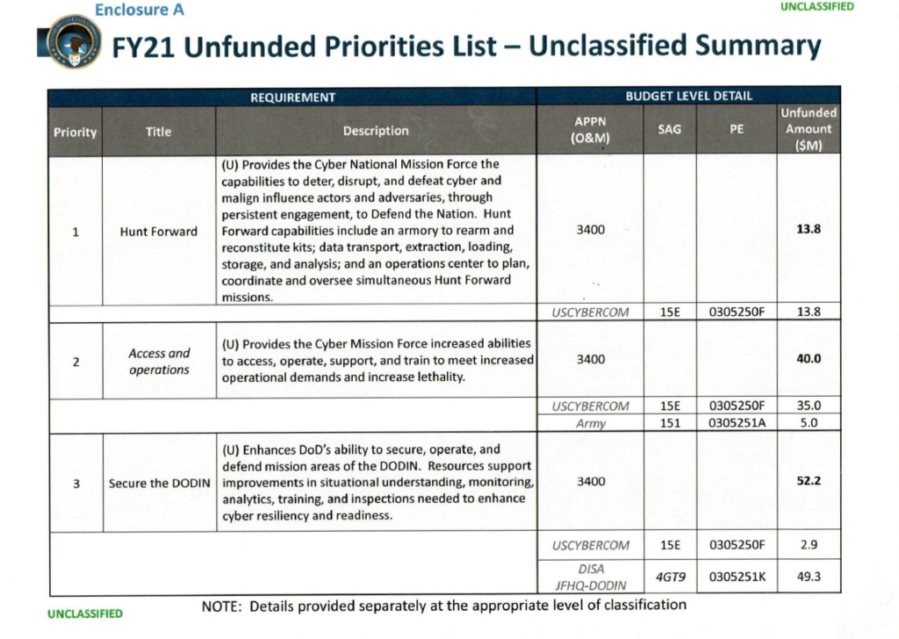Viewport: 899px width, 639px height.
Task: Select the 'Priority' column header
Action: pos(76,132)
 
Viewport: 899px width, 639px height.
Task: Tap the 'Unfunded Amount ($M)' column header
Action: pos(809,129)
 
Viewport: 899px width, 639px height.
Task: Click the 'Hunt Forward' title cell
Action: pos(159,232)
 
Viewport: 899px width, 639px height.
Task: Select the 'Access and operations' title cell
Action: pos(159,361)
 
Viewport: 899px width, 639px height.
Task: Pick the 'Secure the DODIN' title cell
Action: pos(159,483)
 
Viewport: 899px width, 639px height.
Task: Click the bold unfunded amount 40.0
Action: pos(809,359)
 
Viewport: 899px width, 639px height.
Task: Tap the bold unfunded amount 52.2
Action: pos(809,481)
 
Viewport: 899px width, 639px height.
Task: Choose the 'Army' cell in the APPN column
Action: pos(590,423)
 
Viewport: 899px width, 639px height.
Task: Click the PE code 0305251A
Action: pos(737,423)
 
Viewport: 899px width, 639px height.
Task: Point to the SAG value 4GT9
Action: pos(670,577)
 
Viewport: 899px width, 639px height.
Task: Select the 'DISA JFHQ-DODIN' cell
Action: pos(590,577)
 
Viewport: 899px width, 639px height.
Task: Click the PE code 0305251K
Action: pos(737,577)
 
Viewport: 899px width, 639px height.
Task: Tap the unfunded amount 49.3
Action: pos(809,577)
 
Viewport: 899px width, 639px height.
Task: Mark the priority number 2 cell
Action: pos(76,361)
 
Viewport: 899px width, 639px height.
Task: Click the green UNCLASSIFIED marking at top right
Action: pos(816,6)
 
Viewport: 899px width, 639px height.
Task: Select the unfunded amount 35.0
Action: pos(809,406)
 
